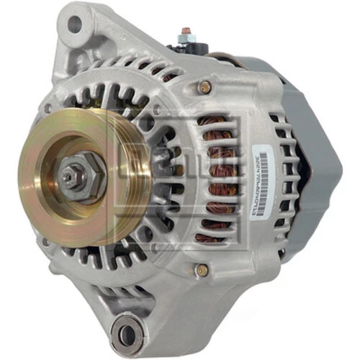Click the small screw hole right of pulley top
coord(156,109)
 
